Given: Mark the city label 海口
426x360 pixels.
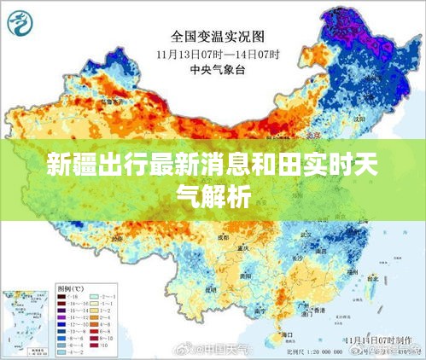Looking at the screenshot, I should pyautogui.click(x=288, y=334).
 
